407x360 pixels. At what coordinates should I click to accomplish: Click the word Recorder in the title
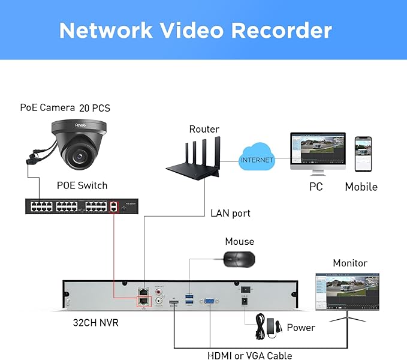coord(275,30)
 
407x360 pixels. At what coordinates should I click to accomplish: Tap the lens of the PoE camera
coord(77,155)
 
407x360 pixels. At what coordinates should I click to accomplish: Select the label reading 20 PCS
coord(95,108)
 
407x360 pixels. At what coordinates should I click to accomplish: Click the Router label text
coord(204,129)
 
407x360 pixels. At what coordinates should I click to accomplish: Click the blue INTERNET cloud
coord(257,160)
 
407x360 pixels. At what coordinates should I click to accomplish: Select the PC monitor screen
coord(317,151)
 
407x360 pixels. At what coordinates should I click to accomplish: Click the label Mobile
coord(361,187)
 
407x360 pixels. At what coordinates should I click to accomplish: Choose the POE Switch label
coord(82,185)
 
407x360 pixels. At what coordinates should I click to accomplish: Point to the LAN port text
coord(230,213)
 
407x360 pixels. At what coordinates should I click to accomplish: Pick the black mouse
coord(239,259)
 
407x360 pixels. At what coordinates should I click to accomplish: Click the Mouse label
coord(239,242)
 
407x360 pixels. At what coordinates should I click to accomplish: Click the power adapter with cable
coord(266,324)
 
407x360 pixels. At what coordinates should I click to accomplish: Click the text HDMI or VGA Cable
coord(249,355)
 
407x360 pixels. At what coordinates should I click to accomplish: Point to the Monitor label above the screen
coord(350,263)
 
